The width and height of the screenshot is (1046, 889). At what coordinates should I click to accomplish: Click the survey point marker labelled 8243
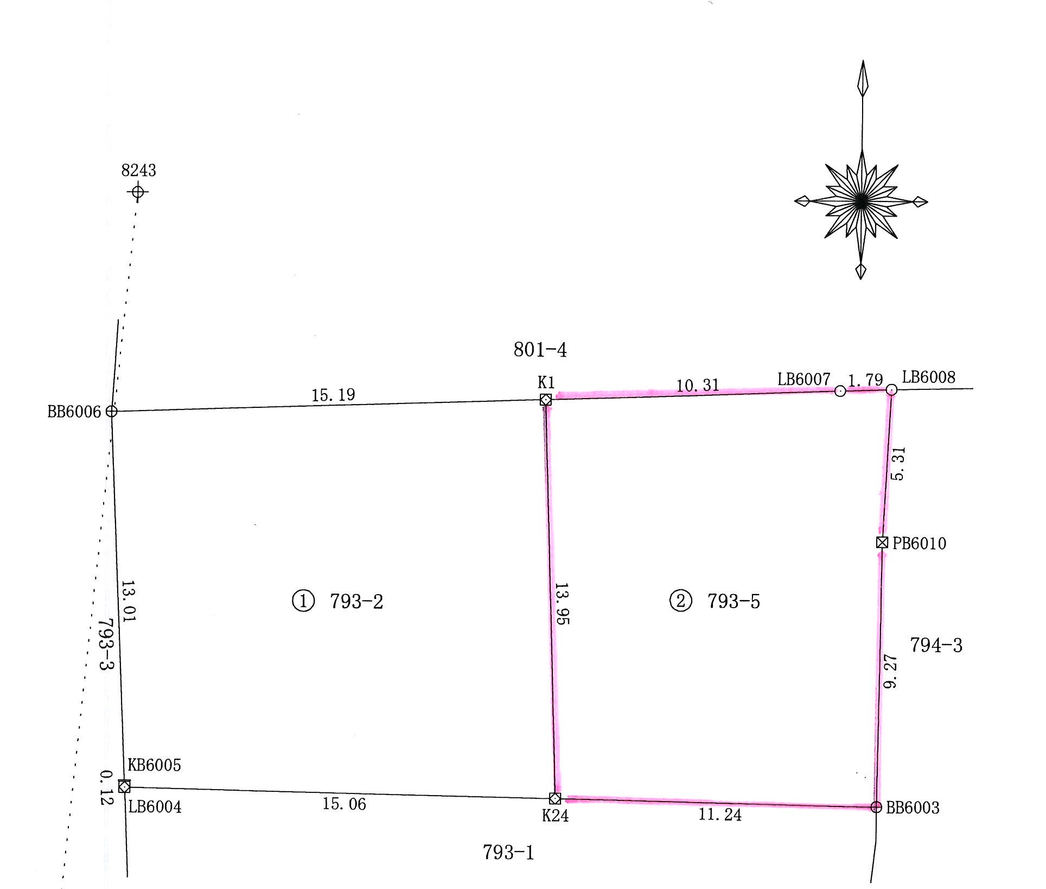coord(138,192)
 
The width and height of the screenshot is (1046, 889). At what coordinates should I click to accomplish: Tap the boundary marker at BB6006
coord(111,411)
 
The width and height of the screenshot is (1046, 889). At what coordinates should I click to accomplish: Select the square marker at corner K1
coord(546,400)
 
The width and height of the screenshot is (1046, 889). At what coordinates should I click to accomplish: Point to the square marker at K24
coord(555,798)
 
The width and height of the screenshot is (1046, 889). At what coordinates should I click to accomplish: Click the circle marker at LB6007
coord(840,391)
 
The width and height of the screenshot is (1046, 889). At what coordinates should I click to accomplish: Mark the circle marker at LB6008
coord(891,389)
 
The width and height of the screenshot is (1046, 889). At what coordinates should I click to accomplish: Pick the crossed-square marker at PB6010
coord(882,542)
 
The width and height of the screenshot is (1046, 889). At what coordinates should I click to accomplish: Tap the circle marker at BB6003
coord(876,807)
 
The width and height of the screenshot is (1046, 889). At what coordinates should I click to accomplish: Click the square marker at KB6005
coord(124,786)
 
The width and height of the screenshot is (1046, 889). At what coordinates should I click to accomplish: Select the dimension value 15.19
coord(333,395)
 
